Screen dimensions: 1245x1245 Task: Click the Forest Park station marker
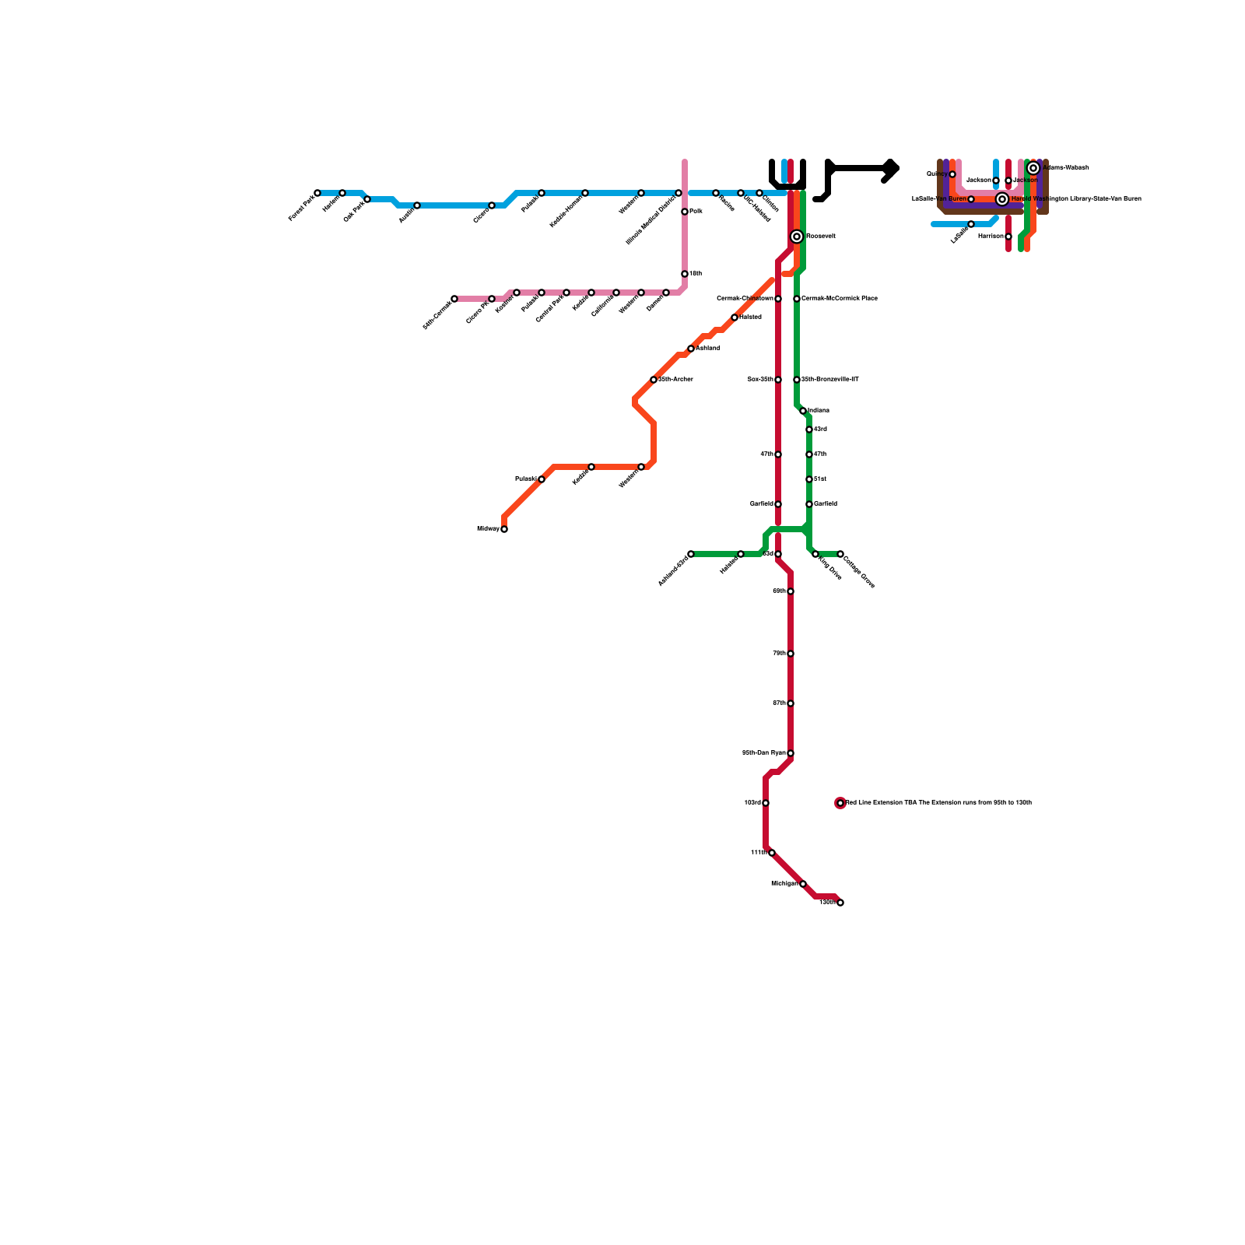coord(317,193)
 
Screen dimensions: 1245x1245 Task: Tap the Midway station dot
coord(504,529)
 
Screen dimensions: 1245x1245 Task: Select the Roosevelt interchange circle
coord(797,237)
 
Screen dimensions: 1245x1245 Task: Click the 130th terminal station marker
coord(840,903)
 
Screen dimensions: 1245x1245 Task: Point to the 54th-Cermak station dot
coord(454,299)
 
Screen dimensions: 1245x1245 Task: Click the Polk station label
coord(696,212)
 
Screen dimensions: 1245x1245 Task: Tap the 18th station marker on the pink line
coord(685,274)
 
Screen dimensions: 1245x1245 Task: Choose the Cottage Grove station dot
coord(840,554)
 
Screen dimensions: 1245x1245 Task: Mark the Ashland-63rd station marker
coord(691,554)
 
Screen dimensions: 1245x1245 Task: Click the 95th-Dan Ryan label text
coord(763,753)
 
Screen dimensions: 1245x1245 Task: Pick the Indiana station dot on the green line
coord(803,411)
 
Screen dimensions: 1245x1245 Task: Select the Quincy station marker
coord(952,174)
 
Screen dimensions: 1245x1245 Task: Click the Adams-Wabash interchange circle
coord(1033,168)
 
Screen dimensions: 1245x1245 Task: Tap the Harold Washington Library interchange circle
coord(1002,199)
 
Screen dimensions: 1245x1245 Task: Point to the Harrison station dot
coord(1008,237)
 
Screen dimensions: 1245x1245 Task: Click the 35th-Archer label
coord(675,380)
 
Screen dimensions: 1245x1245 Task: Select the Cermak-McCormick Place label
coord(840,299)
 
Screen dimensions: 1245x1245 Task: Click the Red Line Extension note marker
coord(840,803)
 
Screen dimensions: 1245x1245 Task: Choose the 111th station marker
coord(772,853)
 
